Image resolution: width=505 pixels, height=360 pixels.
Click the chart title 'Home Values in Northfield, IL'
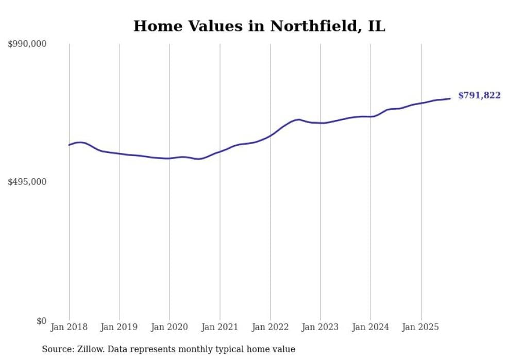[259, 26]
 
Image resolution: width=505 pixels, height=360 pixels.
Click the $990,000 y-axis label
[27, 44]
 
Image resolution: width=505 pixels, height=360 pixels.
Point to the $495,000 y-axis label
[27, 182]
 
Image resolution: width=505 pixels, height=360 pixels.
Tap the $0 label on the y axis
[41, 321]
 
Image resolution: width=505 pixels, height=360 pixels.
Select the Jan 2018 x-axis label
[69, 327]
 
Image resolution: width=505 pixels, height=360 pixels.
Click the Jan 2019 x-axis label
[120, 327]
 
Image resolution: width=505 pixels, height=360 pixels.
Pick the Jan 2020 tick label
[170, 327]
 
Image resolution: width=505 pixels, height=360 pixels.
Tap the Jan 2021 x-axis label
[220, 327]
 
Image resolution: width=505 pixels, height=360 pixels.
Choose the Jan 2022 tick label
[270, 327]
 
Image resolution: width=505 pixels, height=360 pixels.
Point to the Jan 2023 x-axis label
[320, 327]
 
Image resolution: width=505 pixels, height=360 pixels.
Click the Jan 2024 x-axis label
[371, 327]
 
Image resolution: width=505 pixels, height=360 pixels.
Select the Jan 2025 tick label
[420, 327]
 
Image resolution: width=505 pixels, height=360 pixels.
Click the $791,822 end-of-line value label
[479, 96]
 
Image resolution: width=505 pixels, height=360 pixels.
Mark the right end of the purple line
[450, 98]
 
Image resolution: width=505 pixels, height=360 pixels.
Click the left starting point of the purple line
[69, 145]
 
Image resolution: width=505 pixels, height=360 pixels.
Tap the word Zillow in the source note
[91, 350]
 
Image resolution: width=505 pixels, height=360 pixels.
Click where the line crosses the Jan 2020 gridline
[170, 158]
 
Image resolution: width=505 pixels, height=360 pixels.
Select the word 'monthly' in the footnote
[210, 350]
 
